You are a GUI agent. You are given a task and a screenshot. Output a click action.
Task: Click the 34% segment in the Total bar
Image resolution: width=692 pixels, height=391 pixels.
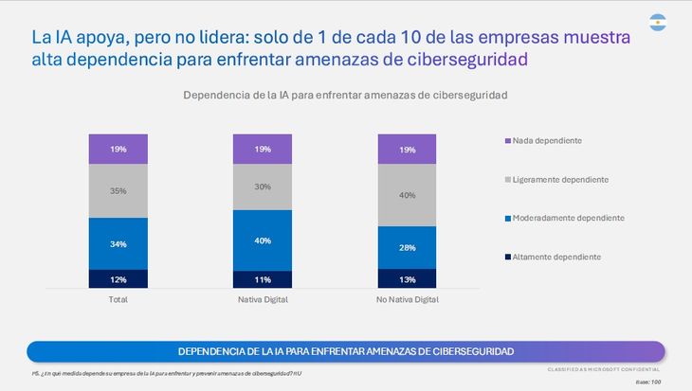click(118, 243)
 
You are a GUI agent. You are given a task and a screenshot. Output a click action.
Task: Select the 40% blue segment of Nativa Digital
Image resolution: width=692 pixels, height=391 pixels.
click(263, 240)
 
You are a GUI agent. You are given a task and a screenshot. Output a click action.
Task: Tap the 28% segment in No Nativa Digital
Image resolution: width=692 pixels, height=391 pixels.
click(408, 247)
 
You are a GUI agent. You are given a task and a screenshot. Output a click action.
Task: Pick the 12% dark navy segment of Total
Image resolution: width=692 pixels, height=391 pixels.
click(118, 278)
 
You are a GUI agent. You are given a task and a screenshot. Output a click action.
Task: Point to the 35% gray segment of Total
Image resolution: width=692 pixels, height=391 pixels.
click(118, 190)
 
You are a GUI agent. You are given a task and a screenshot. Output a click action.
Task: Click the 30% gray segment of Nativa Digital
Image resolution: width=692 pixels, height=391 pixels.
click(263, 187)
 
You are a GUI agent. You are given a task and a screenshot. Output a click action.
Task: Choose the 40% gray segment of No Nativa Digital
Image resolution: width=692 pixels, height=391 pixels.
click(408, 195)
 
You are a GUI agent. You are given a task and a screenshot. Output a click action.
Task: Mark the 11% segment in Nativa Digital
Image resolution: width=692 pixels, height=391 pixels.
click(263, 279)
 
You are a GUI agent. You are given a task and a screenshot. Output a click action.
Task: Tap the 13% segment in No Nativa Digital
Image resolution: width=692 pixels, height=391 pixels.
click(408, 278)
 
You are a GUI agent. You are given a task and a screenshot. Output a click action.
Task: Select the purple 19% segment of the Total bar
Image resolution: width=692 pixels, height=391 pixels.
click(118, 149)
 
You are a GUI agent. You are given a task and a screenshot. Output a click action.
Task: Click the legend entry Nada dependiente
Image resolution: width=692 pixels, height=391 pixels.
click(546, 141)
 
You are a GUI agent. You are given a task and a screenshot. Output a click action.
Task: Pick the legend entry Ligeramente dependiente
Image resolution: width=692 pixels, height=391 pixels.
click(559, 180)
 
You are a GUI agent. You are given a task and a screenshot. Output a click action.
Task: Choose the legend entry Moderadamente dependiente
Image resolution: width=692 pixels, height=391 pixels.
click(565, 218)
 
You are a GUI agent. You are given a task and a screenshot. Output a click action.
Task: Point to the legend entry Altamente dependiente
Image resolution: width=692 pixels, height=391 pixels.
click(555, 257)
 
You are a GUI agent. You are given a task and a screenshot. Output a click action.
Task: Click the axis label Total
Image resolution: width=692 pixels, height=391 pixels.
click(118, 299)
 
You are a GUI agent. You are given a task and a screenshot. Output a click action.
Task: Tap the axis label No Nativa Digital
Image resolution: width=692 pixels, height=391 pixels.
click(408, 299)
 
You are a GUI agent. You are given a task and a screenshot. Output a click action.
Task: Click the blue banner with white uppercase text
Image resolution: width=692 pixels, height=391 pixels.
click(346, 351)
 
